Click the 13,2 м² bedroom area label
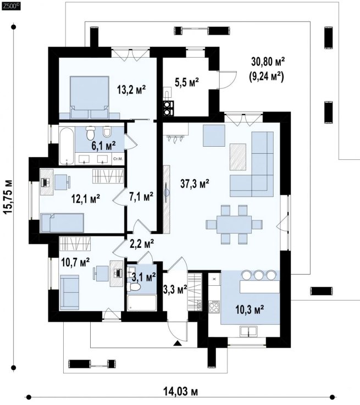tap(131, 90)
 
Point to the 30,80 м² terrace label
tap(268, 62)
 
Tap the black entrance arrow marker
tap(177, 343)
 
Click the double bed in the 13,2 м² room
tap(90, 97)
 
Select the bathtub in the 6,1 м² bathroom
tap(67, 146)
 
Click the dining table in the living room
tap(234, 224)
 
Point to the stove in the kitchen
tap(214, 307)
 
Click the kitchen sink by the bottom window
tap(248, 331)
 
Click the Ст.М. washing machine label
tap(118, 159)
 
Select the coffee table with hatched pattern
tap(238, 157)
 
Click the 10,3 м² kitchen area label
tap(250, 309)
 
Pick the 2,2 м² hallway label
tap(141, 243)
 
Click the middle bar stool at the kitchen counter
tap(259, 275)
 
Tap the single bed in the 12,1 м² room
tap(62, 223)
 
